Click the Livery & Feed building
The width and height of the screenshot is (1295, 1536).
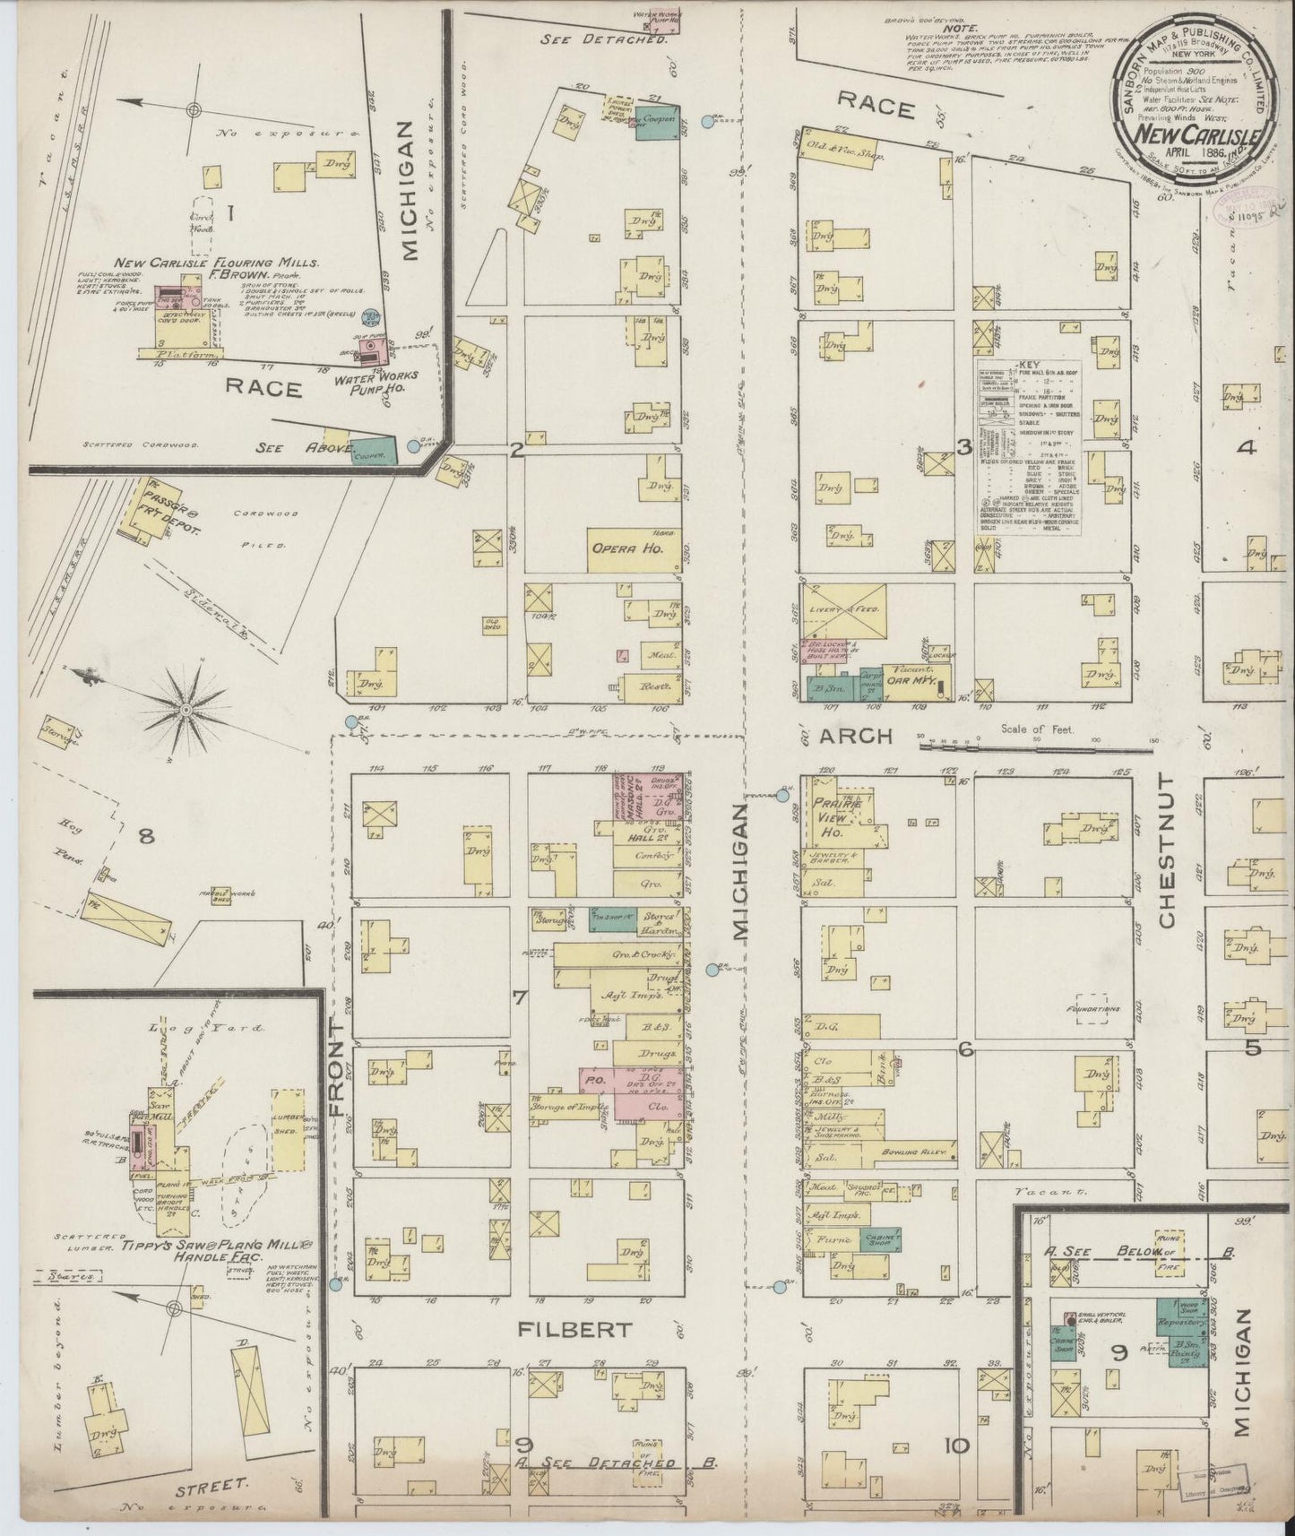click(842, 610)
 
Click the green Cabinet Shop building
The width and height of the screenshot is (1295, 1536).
click(880, 1239)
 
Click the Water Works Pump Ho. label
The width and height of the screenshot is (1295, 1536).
click(367, 384)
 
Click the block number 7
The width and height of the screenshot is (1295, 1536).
click(519, 998)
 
